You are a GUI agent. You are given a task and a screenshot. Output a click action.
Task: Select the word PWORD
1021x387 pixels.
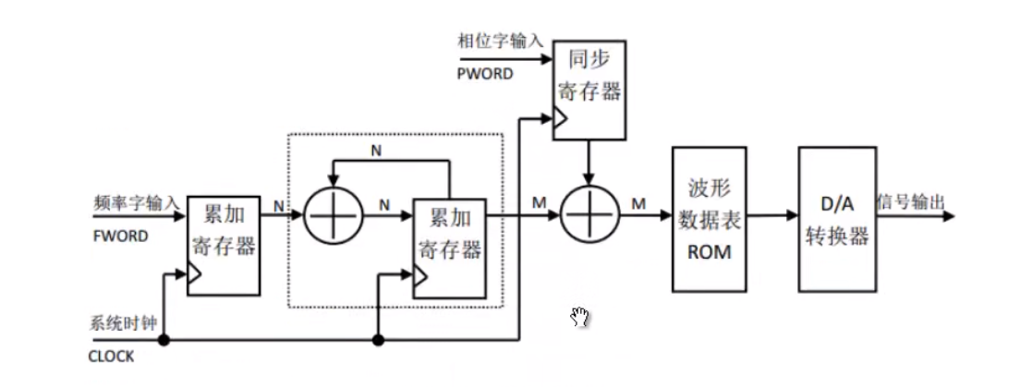[485, 74]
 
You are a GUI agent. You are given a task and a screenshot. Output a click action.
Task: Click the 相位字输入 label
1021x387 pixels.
[500, 41]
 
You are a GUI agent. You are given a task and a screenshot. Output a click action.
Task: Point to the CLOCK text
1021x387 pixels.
[111, 357]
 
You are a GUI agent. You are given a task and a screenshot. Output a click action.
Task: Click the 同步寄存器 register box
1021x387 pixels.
[590, 90]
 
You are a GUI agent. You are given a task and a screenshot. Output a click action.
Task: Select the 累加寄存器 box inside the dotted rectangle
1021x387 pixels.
[449, 248]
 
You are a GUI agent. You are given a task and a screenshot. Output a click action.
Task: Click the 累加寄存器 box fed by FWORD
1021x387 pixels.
[222, 245]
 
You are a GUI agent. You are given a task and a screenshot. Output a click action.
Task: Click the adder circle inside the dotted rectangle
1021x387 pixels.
[331, 215]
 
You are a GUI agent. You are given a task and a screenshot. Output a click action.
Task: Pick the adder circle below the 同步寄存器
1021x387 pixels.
[590, 215]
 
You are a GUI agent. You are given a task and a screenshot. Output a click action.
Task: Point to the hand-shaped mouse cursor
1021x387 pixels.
[579, 318]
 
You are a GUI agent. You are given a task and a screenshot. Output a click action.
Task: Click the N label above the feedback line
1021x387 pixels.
[375, 148]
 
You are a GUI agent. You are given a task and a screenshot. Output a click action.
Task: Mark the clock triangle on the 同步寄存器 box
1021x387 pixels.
[559, 118]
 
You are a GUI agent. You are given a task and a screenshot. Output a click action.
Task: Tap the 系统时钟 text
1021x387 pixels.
[116, 324]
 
